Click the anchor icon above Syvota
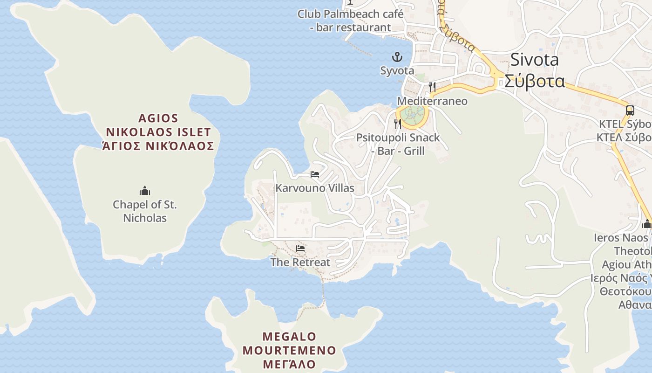coord(397,57)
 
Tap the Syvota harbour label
coord(397,70)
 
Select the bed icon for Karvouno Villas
coord(315,174)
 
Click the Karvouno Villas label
coord(315,188)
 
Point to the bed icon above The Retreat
coord(300,249)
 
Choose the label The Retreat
coord(300,262)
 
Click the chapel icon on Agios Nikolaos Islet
coord(145,191)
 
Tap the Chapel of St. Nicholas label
coord(145,211)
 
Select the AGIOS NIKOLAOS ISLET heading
coord(158,125)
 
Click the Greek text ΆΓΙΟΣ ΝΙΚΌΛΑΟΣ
coord(158,146)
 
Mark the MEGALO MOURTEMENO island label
coord(289,343)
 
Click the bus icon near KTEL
coord(630,111)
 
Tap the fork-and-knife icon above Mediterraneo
coord(432,87)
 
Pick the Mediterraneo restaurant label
coord(432,101)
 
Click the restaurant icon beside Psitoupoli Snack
coord(397,124)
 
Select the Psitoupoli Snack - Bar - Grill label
coord(398,144)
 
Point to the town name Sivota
coord(534,60)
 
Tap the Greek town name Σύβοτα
coord(534,81)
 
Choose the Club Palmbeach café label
coord(350,21)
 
